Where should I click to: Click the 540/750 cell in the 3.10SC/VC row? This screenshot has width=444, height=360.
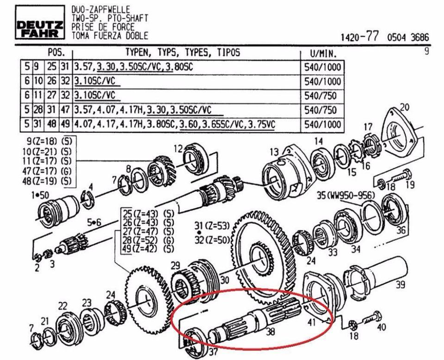click(x=320, y=95)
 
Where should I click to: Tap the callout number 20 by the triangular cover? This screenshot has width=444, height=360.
click(x=405, y=107)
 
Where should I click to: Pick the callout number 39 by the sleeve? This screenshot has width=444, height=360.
click(x=401, y=285)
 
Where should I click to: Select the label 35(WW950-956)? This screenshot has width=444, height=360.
click(x=346, y=195)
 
